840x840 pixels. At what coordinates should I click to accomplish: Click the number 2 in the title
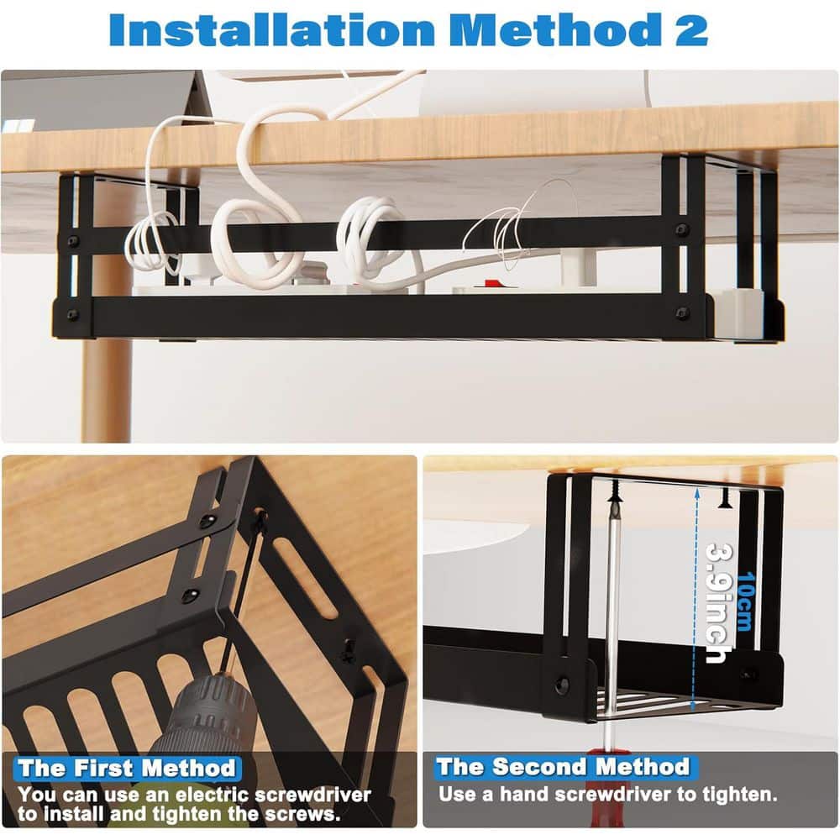pyautogui.click(x=690, y=29)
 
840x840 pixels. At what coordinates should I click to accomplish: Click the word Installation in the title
pyautogui.click(x=270, y=29)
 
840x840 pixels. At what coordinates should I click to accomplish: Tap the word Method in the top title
pyautogui.click(x=555, y=29)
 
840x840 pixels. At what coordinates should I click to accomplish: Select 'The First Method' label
pyautogui.click(x=127, y=768)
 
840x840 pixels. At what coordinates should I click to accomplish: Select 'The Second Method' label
pyautogui.click(x=562, y=766)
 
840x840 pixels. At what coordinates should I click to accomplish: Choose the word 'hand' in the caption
pyautogui.click(x=543, y=793)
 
